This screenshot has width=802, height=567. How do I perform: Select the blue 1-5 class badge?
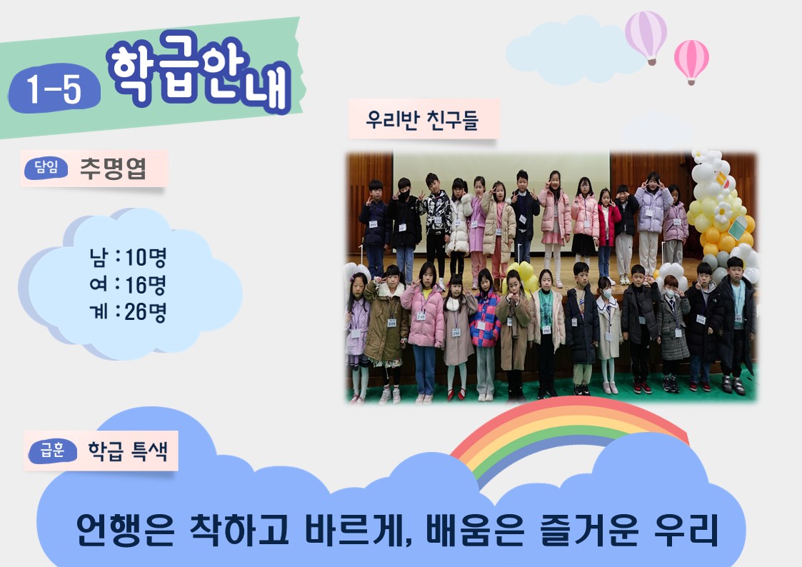click(x=54, y=89)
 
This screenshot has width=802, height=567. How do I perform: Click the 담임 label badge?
click(x=46, y=168)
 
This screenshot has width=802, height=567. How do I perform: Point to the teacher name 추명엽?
click(x=113, y=169)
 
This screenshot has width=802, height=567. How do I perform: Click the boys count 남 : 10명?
click(x=128, y=257)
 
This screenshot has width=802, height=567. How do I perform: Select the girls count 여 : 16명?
click(x=128, y=284)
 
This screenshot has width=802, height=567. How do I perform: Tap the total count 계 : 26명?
click(x=128, y=311)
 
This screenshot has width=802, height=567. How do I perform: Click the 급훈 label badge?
click(x=53, y=451)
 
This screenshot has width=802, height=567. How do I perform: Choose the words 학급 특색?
click(x=128, y=451)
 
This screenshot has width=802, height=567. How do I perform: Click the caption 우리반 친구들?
click(x=422, y=120)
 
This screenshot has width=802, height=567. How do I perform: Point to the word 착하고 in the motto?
click(x=239, y=529)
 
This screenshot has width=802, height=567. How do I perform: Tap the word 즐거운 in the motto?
click(x=589, y=529)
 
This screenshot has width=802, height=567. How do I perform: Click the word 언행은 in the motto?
click(x=125, y=529)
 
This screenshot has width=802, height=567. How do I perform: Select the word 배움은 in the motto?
click(x=475, y=529)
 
